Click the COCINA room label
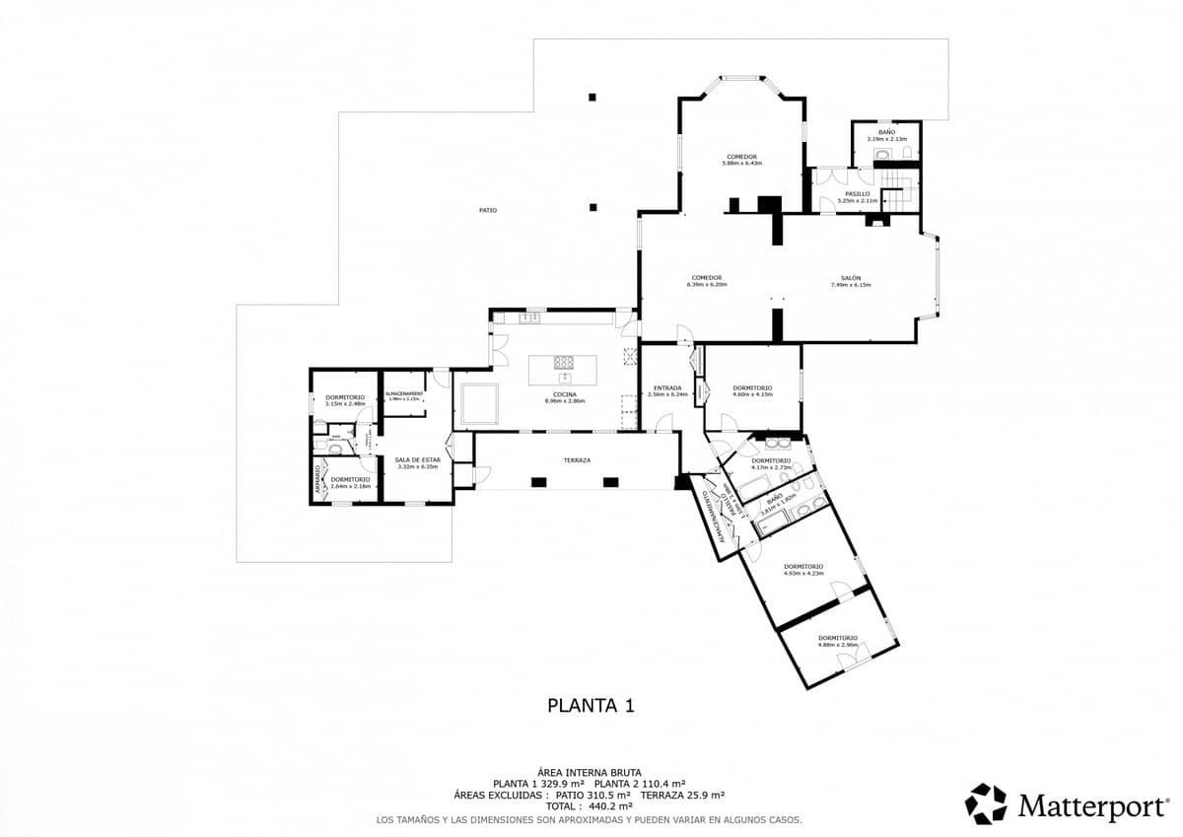(x=565, y=394)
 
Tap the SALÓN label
(x=851, y=278)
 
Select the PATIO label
(x=487, y=210)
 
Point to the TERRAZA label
(x=577, y=460)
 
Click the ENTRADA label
(x=667, y=388)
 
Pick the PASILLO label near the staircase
(x=857, y=194)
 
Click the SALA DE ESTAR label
(x=417, y=459)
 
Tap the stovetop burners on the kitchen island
(x=564, y=362)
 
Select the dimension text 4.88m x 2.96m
(x=837, y=645)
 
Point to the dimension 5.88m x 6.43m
(x=742, y=164)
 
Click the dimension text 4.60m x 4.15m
(x=752, y=394)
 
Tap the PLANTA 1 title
(x=590, y=705)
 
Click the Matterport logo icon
(x=985, y=803)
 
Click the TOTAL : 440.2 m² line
(x=590, y=805)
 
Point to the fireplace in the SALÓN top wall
(x=875, y=221)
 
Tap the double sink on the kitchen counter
(x=531, y=317)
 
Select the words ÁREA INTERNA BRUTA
(x=590, y=772)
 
